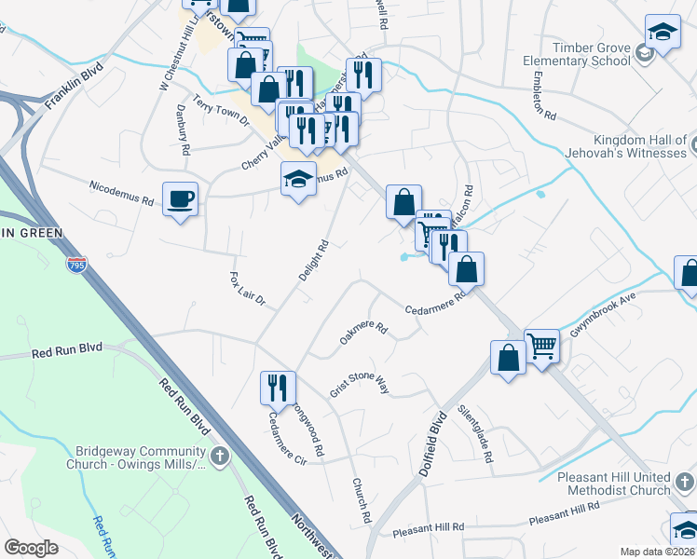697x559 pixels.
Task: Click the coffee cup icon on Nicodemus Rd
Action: point(180,198)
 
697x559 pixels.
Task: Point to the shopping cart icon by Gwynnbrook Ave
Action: point(541,346)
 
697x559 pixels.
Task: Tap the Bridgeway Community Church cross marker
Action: point(220,456)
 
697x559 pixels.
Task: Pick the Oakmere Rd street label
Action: point(362,333)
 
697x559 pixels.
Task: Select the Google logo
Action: point(31,548)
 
